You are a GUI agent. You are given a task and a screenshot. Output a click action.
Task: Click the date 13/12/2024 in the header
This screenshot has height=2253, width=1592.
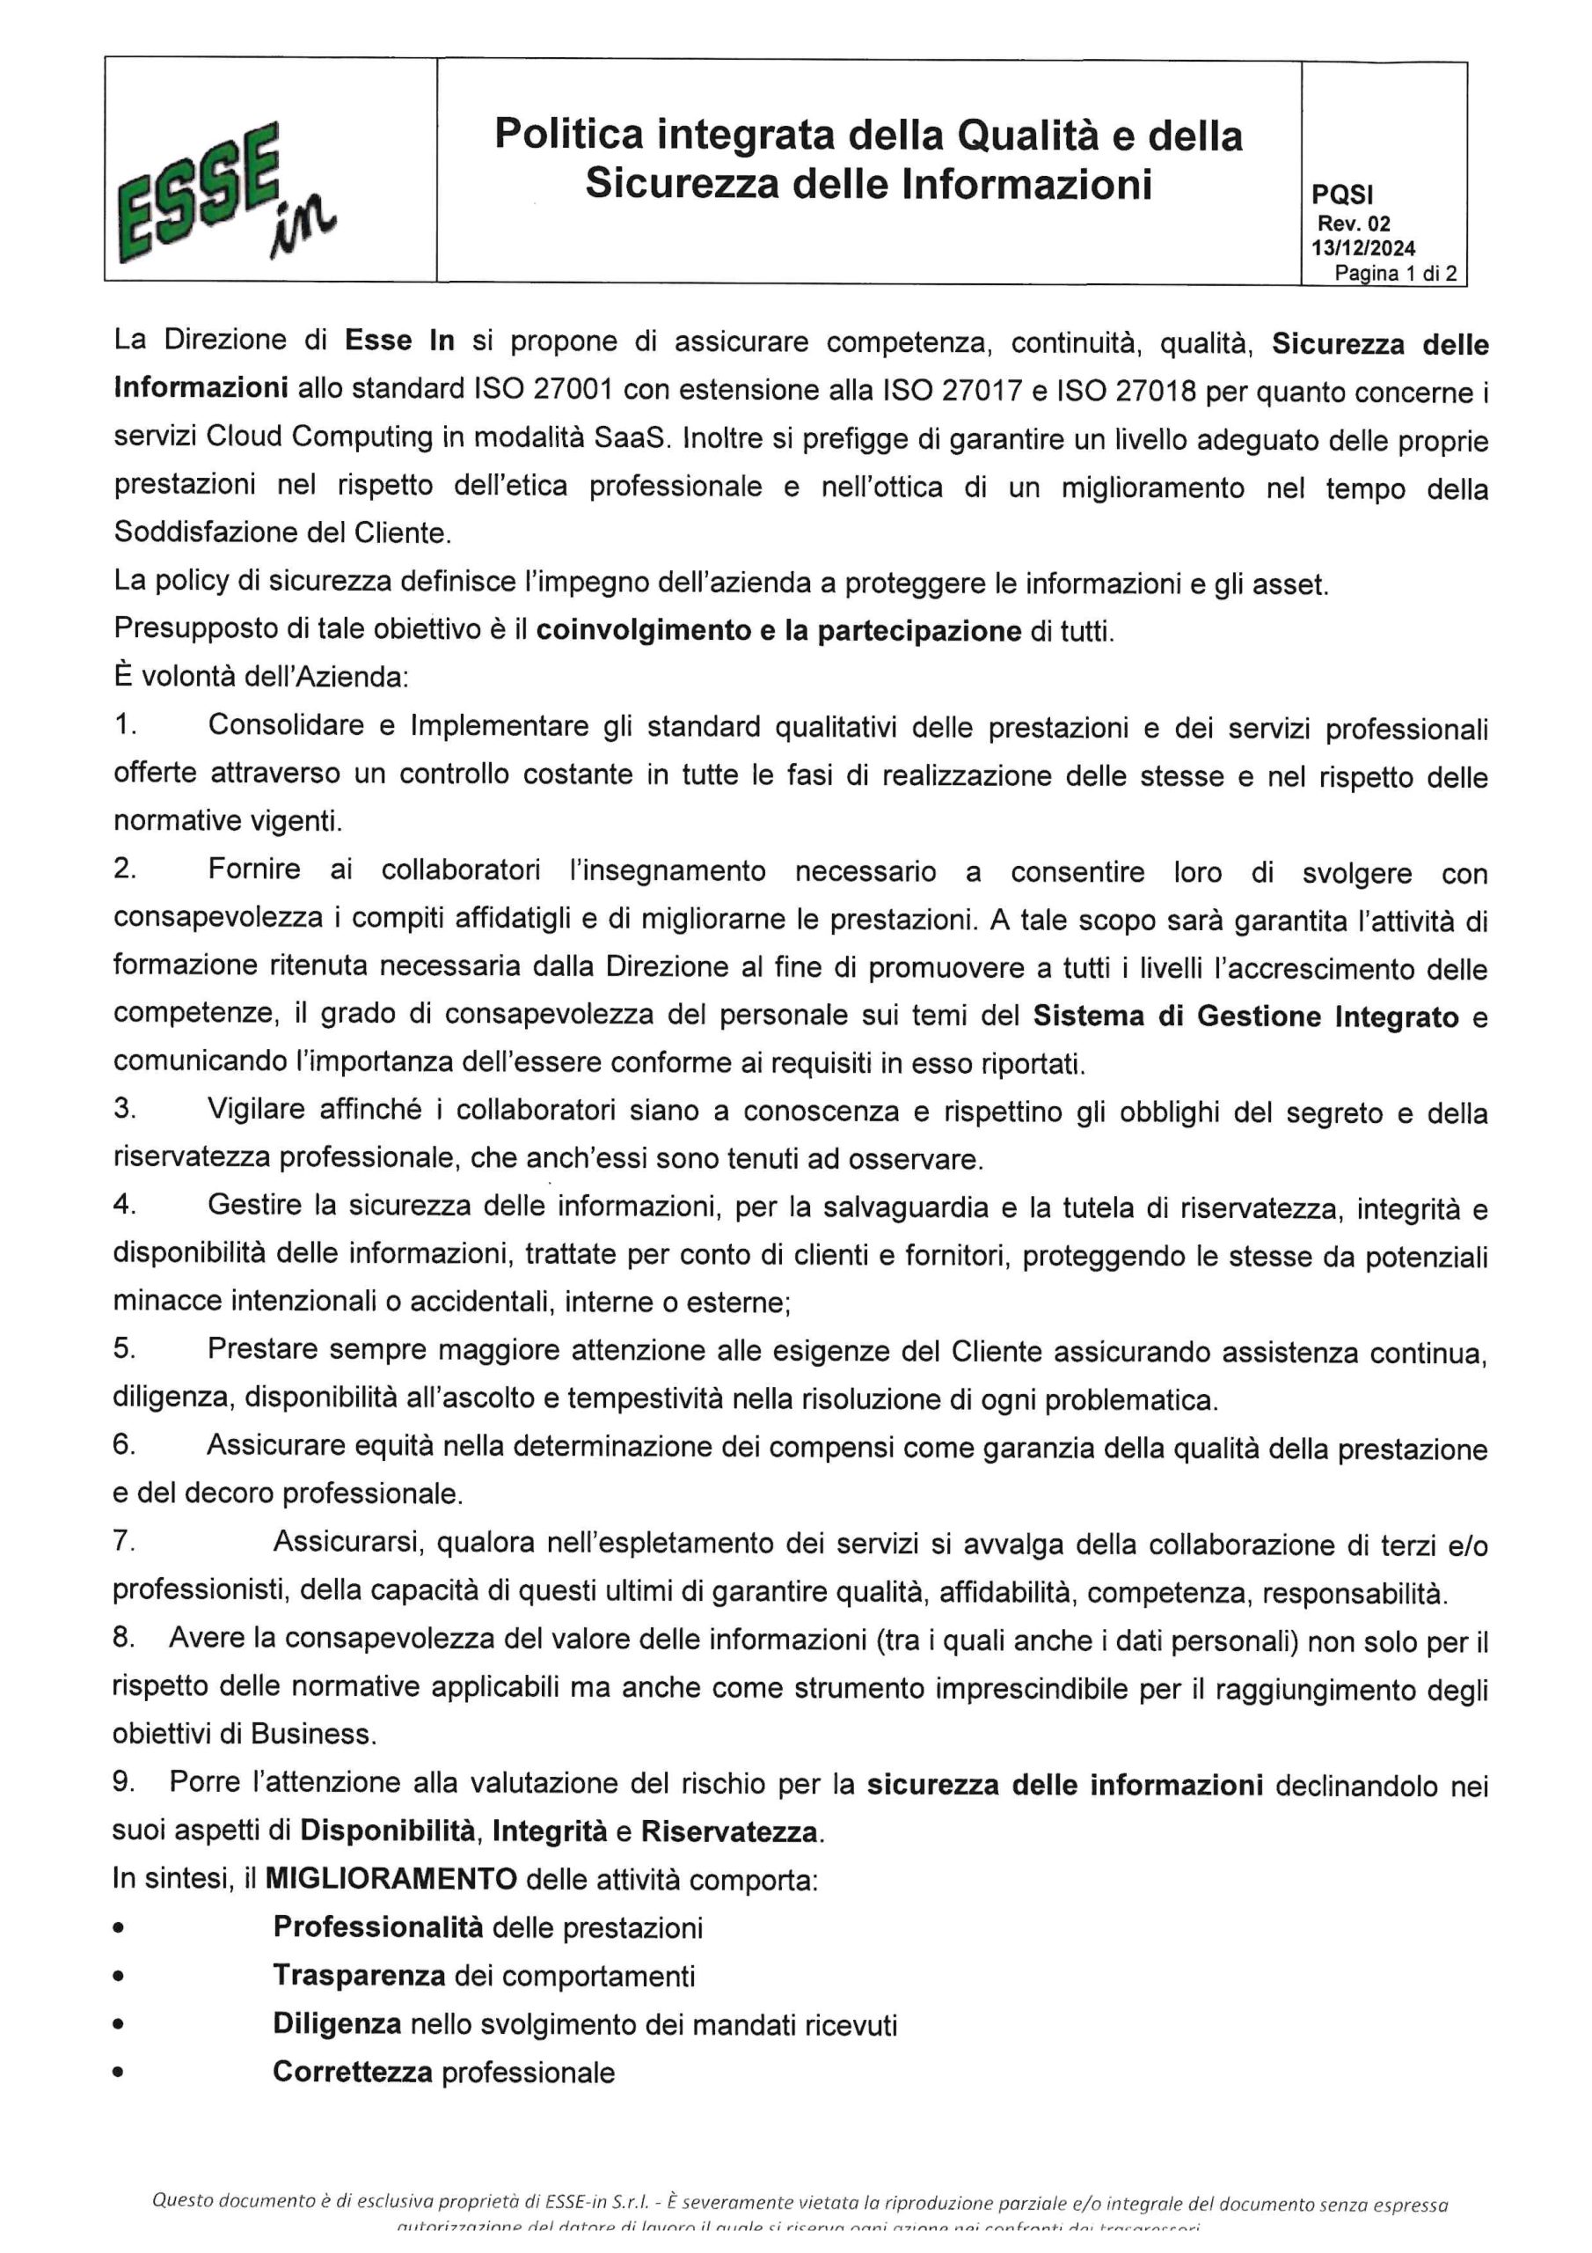1362,248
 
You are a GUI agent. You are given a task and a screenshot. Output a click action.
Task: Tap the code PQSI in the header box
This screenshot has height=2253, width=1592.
1342,196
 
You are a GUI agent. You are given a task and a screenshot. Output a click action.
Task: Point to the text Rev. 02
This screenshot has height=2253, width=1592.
1353,223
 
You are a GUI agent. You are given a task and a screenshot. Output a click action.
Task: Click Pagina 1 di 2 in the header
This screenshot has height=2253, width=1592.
1394,274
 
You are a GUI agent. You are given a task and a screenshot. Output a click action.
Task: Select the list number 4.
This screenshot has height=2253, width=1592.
124,1204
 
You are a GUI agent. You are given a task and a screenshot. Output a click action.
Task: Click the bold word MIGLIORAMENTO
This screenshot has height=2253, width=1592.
391,1879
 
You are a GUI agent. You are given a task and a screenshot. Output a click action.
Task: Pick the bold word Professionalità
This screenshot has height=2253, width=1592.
377,1926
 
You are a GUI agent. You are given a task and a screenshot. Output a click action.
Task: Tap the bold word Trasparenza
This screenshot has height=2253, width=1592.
359,1974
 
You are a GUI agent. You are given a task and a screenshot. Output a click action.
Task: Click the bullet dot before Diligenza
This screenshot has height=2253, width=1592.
119,2023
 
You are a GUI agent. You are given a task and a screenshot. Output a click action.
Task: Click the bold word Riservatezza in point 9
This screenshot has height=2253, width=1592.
729,1831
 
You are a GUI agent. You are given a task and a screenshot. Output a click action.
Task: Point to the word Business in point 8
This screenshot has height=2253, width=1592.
311,1733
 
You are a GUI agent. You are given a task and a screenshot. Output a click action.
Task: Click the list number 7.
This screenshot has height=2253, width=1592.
124,1542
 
